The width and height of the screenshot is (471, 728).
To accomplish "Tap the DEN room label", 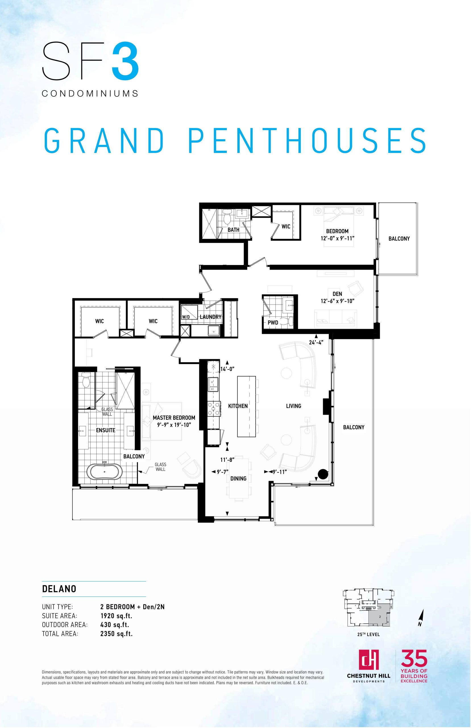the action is tap(337, 294).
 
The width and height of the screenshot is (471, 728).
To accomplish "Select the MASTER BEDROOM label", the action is tap(174, 418).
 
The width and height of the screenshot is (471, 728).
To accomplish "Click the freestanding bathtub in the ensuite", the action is tap(105, 471).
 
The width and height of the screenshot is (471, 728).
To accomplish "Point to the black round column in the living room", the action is tap(323, 474).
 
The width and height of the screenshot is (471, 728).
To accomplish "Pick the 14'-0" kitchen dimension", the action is tap(227, 369).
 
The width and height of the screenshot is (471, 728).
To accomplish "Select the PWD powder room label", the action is tap(273, 322).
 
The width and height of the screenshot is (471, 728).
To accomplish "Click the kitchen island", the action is tap(246, 406).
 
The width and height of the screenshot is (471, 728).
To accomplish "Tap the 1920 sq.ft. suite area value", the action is tap(116, 616).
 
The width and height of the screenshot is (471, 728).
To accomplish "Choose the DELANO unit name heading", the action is tap(59, 589).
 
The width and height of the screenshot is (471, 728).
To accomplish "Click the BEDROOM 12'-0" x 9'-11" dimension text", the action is tap(337, 238).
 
